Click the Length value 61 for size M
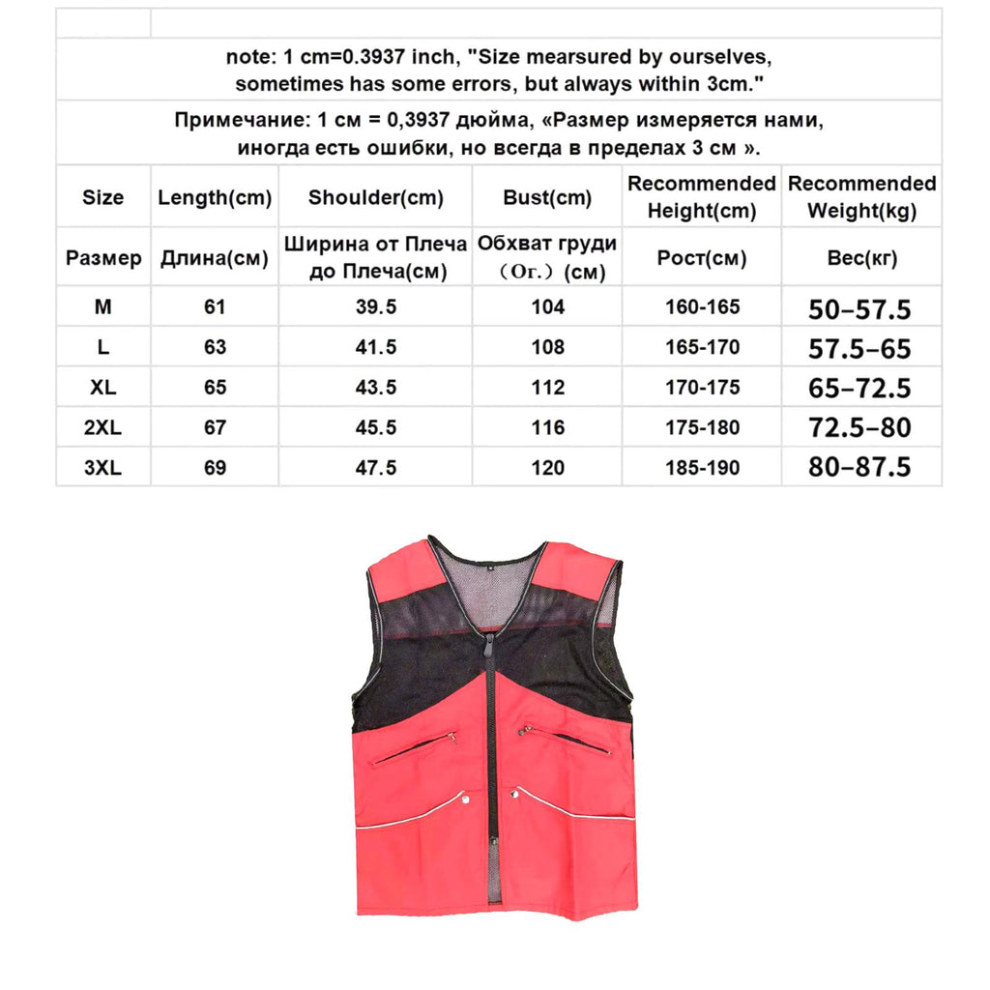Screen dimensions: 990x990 [215, 307]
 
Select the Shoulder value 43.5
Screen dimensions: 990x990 [375, 387]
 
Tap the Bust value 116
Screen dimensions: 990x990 [547, 427]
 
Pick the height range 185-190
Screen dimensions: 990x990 [702, 468]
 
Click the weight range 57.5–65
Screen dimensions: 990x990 [859, 349]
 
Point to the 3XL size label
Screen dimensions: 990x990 [102, 468]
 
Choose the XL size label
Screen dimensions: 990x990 [102, 387]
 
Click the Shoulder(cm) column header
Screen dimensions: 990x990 [375, 198]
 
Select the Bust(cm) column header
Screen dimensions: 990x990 [547, 198]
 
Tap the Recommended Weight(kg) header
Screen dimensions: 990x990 [861, 197]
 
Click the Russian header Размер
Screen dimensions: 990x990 [102, 258]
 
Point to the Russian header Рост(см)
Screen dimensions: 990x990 [702, 258]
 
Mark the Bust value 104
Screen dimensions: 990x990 [547, 307]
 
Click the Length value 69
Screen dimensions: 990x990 [215, 468]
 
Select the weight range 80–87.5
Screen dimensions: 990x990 [859, 468]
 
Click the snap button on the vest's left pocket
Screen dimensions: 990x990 [466, 799]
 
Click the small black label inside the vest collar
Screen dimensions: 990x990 [491, 567]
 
